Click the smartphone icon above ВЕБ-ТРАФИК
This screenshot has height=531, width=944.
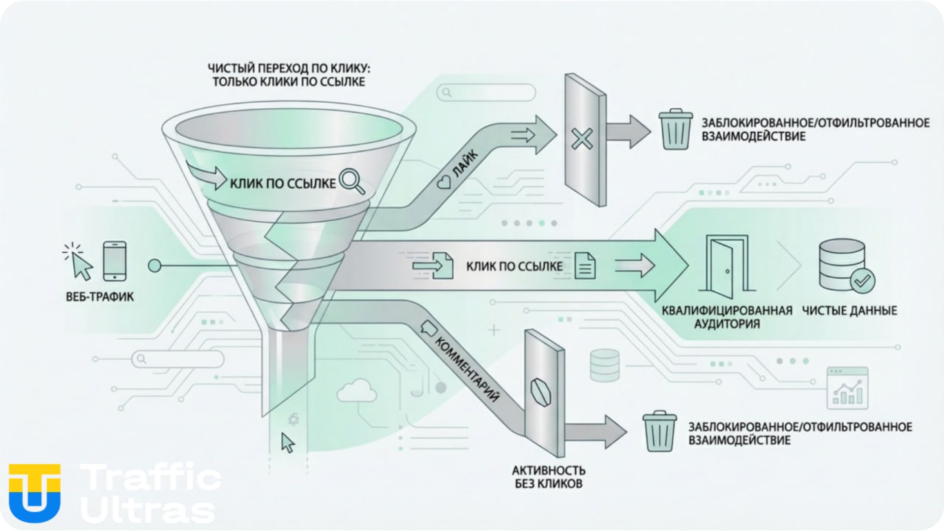[x=115, y=261]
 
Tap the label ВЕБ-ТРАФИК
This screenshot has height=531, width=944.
[x=100, y=297]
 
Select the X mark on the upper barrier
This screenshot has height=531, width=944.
[x=582, y=139]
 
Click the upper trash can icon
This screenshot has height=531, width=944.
[x=676, y=129]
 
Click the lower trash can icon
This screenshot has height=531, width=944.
[x=659, y=432]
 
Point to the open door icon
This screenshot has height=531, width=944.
[x=727, y=266]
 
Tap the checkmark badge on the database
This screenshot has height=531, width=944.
[x=862, y=281]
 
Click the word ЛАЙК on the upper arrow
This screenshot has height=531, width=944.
[x=465, y=164]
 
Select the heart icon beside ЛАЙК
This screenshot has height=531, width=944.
[x=443, y=183]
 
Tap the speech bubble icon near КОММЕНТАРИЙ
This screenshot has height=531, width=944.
[x=429, y=327]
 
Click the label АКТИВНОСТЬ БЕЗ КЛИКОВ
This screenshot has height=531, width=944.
[x=549, y=477]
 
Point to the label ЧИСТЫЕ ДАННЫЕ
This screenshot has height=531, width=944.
[x=850, y=311]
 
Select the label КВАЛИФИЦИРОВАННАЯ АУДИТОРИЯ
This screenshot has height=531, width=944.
[x=727, y=317]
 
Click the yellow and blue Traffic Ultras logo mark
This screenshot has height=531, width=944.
[x=34, y=493]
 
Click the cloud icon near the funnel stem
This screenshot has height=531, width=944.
[x=357, y=390]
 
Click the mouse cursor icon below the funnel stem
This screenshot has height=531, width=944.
[x=288, y=442]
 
